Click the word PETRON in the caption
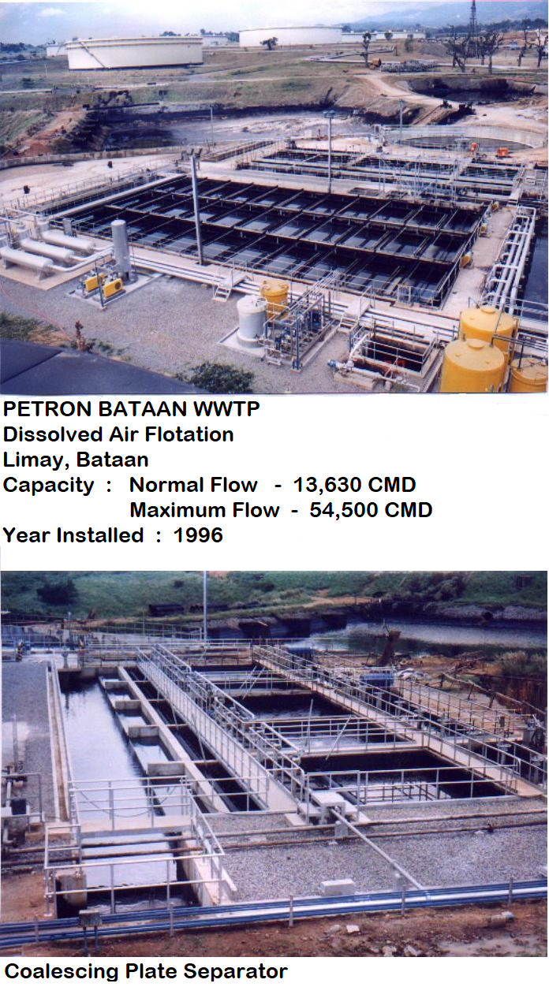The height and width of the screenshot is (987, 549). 48,409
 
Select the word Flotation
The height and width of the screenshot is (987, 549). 189,434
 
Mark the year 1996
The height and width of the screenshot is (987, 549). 199,535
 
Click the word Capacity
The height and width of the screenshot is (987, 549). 48,486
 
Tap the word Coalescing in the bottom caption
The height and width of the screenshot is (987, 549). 62,971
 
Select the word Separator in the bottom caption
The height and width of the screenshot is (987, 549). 236,971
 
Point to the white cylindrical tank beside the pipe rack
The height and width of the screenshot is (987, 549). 252,318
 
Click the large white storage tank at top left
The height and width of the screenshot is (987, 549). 135,53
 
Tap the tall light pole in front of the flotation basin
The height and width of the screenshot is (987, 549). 196,207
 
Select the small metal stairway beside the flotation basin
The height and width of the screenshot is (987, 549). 225,286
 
